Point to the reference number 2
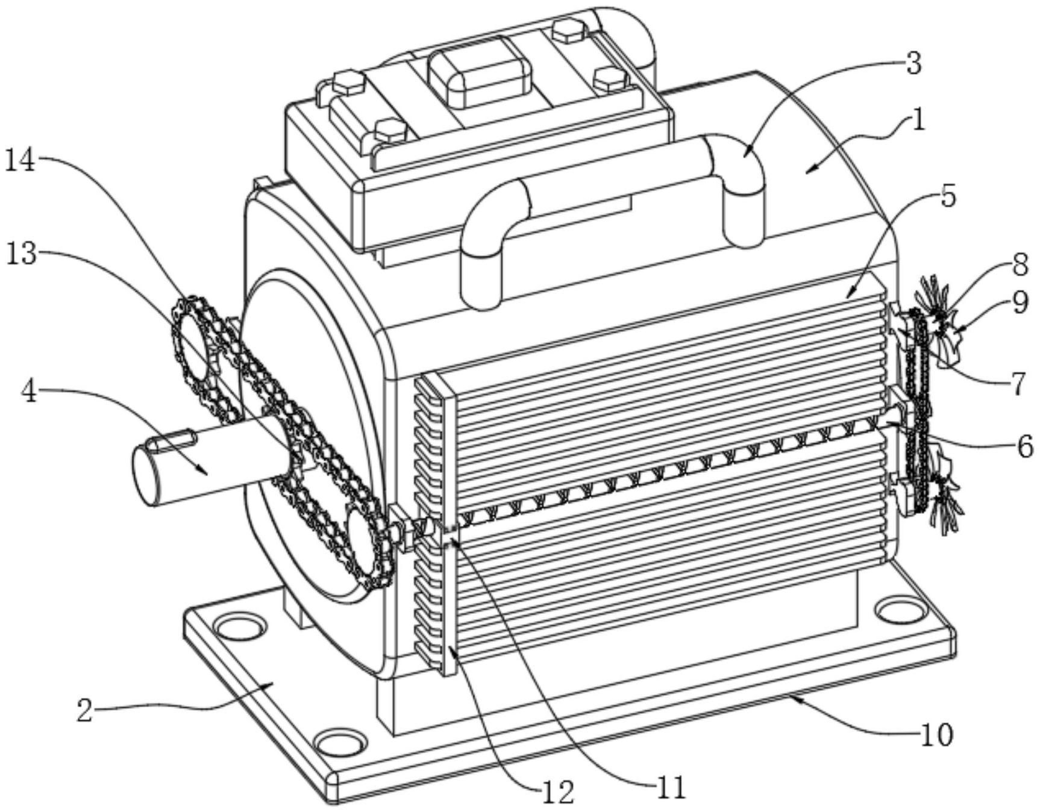[x=84, y=711]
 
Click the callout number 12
[x=557, y=793]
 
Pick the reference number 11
[x=670, y=787]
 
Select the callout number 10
[x=936, y=734]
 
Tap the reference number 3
[x=914, y=63]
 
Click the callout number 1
[x=918, y=120]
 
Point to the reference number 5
[x=948, y=196]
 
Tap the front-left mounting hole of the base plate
[x=240, y=626]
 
